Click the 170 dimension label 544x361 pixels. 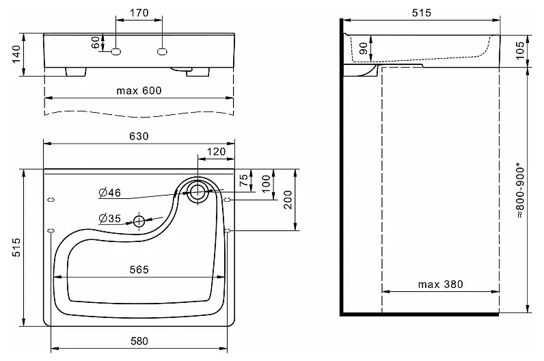(x=139, y=13)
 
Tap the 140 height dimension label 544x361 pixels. (x=16, y=55)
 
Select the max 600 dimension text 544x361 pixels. (x=139, y=91)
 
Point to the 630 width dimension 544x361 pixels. (x=139, y=136)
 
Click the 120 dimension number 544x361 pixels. (x=216, y=152)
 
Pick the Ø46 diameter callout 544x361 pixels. (x=109, y=193)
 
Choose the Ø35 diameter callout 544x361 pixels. (x=109, y=218)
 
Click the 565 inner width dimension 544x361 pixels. (x=139, y=269)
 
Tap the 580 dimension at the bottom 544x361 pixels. (x=139, y=341)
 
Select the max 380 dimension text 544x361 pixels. (x=440, y=284)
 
